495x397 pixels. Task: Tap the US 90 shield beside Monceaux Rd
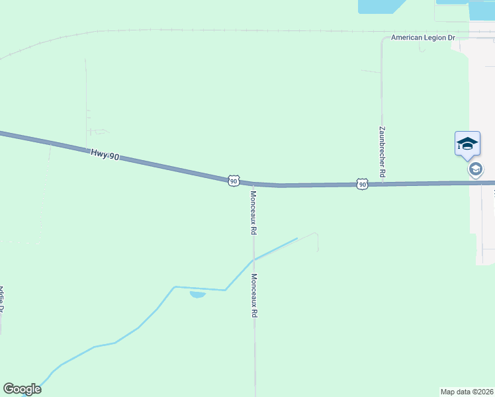(x=234, y=181)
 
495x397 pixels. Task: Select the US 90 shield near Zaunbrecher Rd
(x=361, y=184)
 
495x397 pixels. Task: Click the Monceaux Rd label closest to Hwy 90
(x=253, y=213)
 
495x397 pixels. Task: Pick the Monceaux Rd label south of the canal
(x=253, y=296)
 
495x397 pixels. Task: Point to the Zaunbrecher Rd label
(x=382, y=152)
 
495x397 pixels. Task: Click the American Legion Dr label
(x=424, y=38)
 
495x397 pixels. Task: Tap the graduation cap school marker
(x=467, y=144)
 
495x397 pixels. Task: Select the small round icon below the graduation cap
(x=475, y=169)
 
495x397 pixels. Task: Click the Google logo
(x=22, y=389)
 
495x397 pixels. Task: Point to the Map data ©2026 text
(x=467, y=391)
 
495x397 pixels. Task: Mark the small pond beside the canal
(x=197, y=294)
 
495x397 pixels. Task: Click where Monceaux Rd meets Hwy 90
(x=253, y=184)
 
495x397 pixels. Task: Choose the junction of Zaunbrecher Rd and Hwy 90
(x=382, y=184)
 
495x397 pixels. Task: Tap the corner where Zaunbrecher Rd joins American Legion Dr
(x=383, y=38)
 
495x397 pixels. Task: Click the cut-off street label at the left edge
(x=2, y=299)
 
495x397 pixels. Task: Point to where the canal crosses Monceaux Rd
(x=253, y=260)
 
